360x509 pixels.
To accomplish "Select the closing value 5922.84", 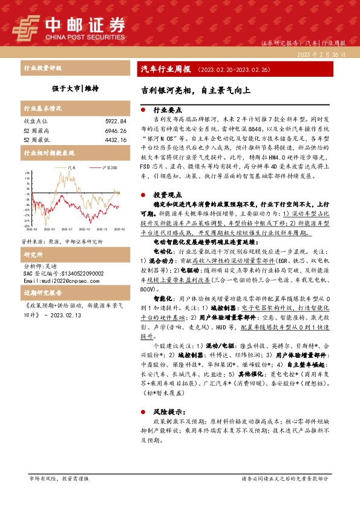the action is pyautogui.click(x=115, y=121).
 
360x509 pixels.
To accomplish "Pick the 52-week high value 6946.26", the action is pyautogui.click(x=115, y=130).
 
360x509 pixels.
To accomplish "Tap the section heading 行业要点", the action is pyautogui.click(x=166, y=111).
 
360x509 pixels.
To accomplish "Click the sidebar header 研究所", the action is pyautogui.click(x=33, y=238).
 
